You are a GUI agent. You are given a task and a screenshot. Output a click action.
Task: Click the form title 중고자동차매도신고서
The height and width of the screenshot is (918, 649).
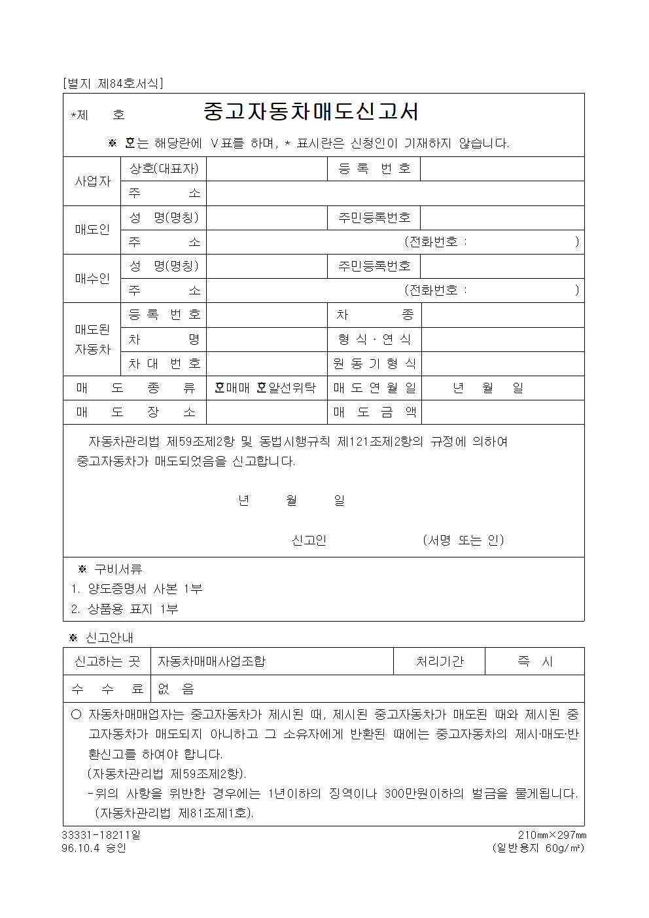click(311, 112)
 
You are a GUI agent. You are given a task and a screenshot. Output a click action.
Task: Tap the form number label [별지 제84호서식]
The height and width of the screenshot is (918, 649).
click(112, 84)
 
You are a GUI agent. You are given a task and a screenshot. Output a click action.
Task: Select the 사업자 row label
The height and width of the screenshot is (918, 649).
click(92, 181)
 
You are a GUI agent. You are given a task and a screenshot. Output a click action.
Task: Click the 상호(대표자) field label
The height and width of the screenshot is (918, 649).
click(164, 169)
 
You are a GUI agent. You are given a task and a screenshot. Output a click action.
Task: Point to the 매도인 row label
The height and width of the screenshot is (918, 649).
click(92, 230)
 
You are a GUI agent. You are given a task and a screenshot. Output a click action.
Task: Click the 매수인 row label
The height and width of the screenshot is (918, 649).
click(92, 278)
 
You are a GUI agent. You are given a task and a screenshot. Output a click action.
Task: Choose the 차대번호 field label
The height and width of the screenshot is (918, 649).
click(164, 364)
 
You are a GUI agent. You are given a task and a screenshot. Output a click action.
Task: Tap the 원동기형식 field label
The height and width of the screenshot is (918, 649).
click(374, 364)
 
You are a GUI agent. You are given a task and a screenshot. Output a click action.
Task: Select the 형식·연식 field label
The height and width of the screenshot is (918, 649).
click(374, 339)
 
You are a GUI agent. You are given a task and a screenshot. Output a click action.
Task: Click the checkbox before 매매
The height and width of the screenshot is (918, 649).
click(220, 388)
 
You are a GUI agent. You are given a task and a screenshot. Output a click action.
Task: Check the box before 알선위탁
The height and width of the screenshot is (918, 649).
click(262, 388)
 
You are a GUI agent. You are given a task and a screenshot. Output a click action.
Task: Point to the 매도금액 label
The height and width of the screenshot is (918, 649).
click(374, 412)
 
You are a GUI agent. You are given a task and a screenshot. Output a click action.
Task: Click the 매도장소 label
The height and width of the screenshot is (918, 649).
click(135, 412)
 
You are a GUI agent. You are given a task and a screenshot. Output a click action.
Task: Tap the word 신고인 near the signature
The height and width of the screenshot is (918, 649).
click(308, 540)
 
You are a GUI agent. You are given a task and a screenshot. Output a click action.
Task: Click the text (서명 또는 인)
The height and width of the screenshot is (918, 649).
click(463, 540)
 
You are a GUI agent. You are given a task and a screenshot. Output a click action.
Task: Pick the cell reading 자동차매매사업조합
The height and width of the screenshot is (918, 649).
click(211, 662)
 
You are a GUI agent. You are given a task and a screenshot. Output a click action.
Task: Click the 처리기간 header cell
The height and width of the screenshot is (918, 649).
click(439, 662)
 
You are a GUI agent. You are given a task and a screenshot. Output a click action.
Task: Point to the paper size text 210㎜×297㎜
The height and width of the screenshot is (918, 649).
click(552, 836)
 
